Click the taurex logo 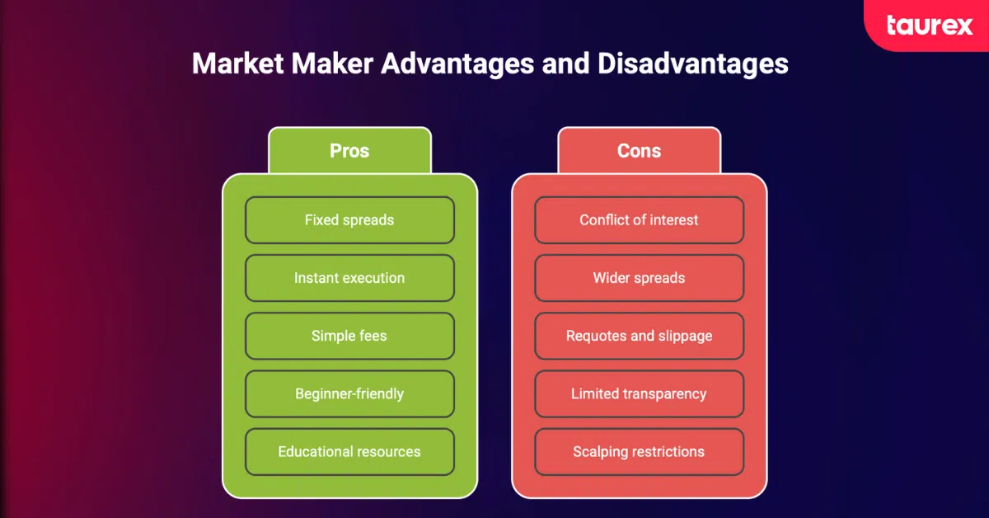pos(929,26)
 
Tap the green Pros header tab pos(349,150)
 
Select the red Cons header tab pos(639,150)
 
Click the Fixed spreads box pos(349,220)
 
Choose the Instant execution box pos(349,278)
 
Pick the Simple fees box pos(349,336)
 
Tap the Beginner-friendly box pos(349,393)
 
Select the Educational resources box pos(349,451)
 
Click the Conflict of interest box pos(639,220)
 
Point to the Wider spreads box pos(639,278)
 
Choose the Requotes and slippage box pos(639,336)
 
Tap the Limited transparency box pos(639,393)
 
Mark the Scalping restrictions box pos(639,451)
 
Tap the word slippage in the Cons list pos(684,336)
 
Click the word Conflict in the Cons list pos(604,220)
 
